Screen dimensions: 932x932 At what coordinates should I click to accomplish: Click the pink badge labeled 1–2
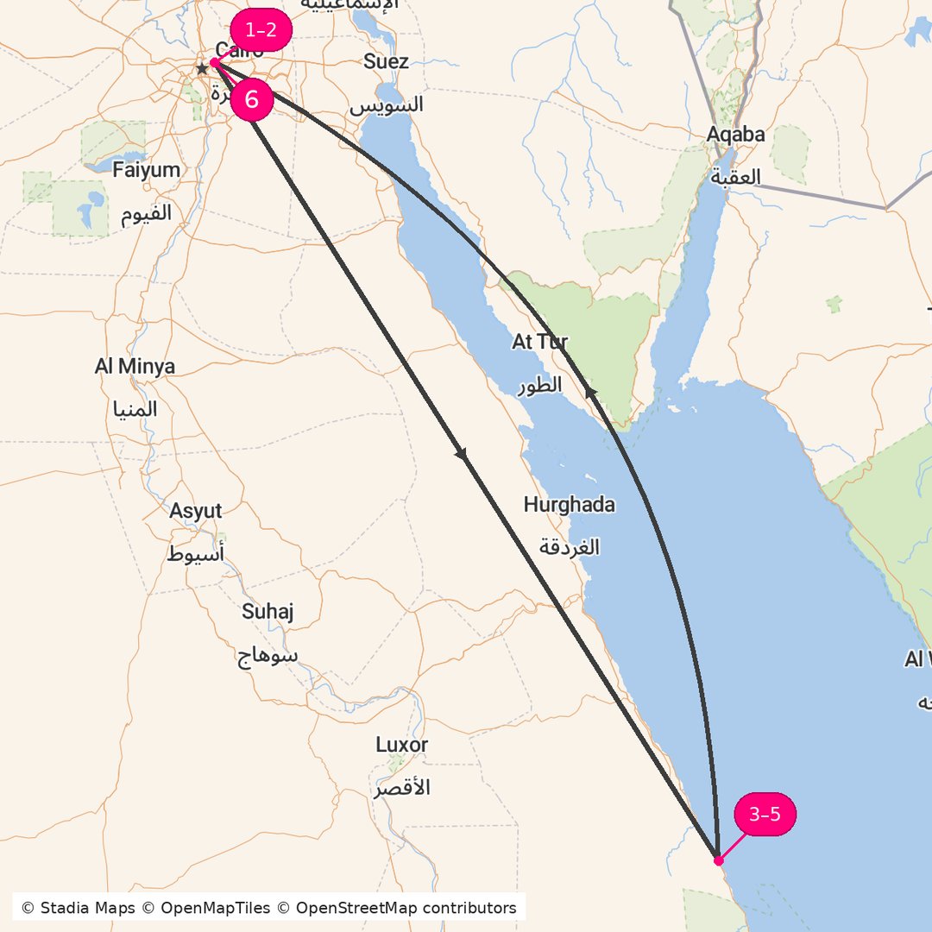coord(261,30)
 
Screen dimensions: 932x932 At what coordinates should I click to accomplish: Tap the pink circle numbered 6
coord(251,99)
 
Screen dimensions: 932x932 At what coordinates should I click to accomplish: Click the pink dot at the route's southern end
coord(718,860)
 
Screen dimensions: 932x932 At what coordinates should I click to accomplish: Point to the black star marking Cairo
coord(202,67)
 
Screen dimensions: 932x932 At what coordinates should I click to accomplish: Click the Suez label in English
coord(386,61)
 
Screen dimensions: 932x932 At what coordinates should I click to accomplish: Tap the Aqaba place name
coord(735,134)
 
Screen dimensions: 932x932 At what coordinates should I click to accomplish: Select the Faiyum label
coord(146,170)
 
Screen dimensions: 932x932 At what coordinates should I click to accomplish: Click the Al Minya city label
coord(135,367)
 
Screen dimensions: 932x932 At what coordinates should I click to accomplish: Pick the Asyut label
coord(195,511)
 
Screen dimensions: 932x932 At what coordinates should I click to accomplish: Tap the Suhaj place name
coord(268,612)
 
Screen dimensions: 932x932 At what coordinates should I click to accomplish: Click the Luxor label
coord(401,745)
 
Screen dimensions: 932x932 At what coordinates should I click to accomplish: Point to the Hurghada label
coord(569,505)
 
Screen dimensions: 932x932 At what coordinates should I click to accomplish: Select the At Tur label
coord(539,342)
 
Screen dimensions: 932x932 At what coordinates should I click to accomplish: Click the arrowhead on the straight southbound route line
coord(462,454)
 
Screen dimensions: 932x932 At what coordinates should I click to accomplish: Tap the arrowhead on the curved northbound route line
coord(591,393)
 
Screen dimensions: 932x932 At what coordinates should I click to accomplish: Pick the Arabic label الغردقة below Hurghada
coord(569,547)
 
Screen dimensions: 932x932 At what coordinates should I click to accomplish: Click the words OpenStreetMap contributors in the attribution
coord(406,908)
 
